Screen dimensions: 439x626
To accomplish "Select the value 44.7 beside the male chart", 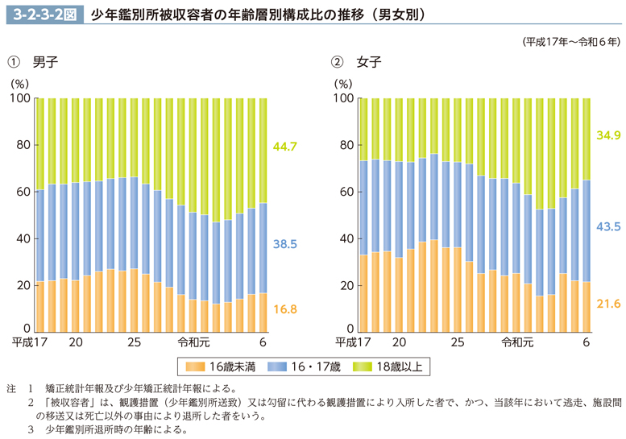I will coord(285,147).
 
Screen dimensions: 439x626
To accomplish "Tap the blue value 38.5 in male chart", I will coord(285,242).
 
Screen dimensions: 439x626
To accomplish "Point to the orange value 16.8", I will coord(285,308).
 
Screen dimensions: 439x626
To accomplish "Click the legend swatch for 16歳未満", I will coord(195,367).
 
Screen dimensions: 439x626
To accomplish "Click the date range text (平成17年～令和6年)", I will coord(570,40).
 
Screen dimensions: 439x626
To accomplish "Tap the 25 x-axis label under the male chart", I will coord(134,343).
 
